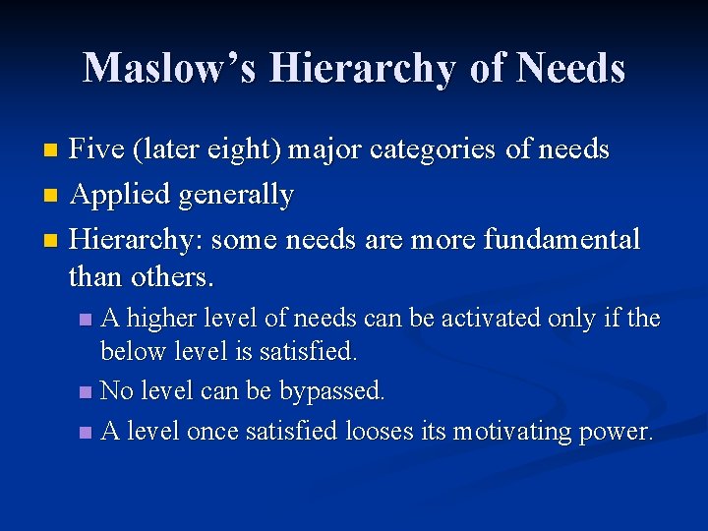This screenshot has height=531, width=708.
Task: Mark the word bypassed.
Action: click(332, 390)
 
